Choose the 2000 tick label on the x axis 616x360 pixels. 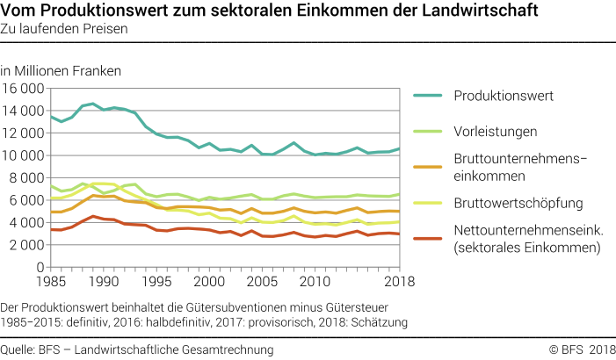[x=209, y=282]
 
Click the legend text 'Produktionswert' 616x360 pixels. [x=504, y=95]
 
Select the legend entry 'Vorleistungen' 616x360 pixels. [x=496, y=131]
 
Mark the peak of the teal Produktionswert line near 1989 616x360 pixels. [x=93, y=104]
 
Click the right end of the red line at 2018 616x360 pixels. [x=399, y=234]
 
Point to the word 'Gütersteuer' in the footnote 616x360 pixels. [x=373, y=306]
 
